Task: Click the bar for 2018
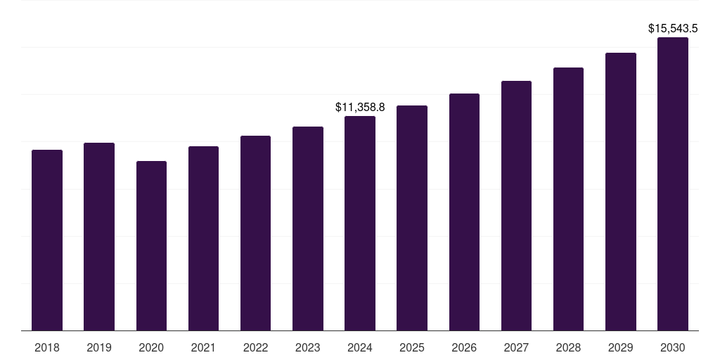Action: pos(47,240)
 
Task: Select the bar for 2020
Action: pos(151,245)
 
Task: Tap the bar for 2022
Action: pos(255,233)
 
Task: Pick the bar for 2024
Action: pos(360,223)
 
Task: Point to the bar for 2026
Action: pos(464,212)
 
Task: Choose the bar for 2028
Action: pos(568,199)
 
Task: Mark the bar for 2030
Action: pos(673,184)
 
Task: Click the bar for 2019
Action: pos(99,236)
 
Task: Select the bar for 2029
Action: pos(621,191)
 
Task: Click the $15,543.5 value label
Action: pos(673,29)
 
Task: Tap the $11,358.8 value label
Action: pos(360,108)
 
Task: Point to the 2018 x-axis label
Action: pos(47,347)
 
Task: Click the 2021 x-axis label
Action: pos(203,347)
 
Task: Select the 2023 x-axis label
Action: pos(308,347)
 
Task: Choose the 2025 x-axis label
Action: pos(412,347)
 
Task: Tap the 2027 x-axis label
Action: pos(516,347)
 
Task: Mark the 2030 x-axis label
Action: pos(673,347)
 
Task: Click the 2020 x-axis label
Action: pos(151,347)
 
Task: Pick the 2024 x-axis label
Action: pos(360,347)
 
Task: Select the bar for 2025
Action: pos(412,218)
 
